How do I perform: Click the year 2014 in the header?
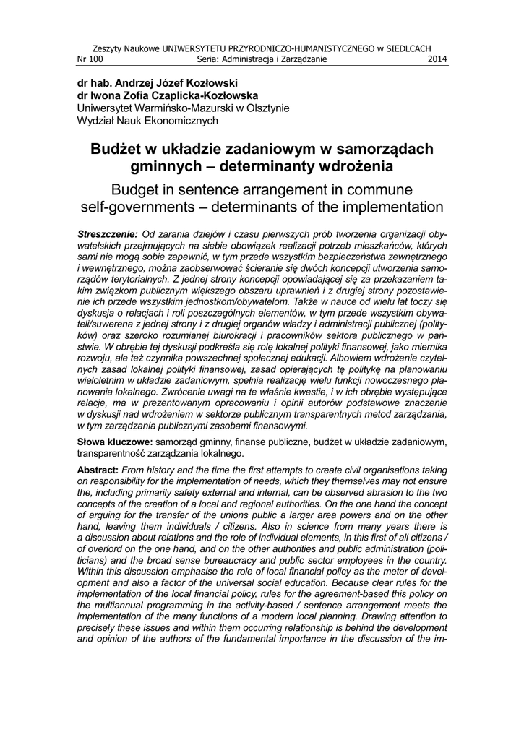click(x=438, y=59)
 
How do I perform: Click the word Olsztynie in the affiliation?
click(x=265, y=108)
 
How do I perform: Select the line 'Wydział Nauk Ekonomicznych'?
click(x=147, y=121)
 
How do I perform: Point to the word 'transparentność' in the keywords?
click(x=119, y=454)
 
